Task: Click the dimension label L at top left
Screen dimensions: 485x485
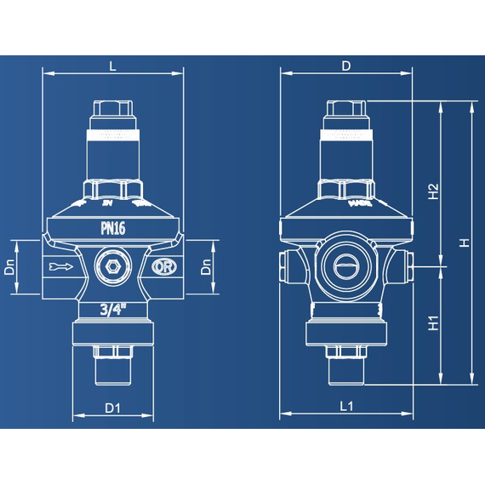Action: click(112, 65)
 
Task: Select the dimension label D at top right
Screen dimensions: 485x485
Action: click(346, 65)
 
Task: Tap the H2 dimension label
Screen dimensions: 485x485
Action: click(433, 191)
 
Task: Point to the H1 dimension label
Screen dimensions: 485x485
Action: click(433, 324)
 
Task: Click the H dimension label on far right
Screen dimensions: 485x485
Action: click(464, 242)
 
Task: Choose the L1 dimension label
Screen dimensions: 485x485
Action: click(346, 407)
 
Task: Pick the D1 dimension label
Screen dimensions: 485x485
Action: click(113, 408)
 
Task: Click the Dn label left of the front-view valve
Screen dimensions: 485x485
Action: click(9, 268)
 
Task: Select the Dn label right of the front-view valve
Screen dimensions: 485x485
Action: click(205, 268)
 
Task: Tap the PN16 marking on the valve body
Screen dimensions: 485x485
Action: click(113, 228)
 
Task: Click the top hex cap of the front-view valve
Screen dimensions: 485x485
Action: click(113, 111)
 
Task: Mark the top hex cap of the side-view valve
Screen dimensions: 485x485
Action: click(346, 111)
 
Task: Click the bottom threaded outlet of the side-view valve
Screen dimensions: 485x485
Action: click(346, 368)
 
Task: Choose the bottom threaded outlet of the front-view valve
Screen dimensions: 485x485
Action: click(113, 368)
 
